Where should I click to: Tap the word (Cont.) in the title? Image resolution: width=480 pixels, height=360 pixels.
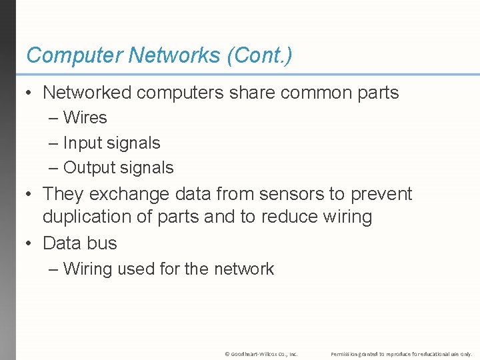tap(259, 55)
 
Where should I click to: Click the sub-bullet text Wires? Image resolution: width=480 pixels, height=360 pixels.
tap(85, 117)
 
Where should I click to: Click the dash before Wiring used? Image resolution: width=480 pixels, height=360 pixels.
tap(53, 269)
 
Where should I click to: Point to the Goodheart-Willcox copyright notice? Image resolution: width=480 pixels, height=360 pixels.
tap(261, 353)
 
